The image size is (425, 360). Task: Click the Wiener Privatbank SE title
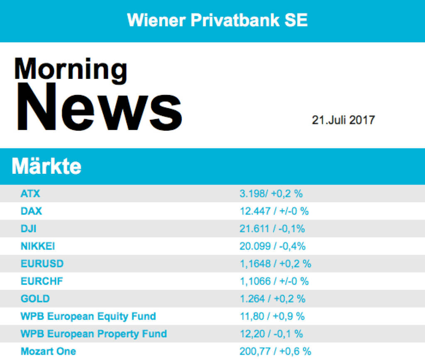click(x=217, y=20)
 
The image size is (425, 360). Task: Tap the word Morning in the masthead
click(x=71, y=70)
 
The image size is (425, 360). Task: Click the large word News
click(x=98, y=107)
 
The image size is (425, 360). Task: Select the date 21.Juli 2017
click(x=343, y=120)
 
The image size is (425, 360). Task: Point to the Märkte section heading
click(x=46, y=167)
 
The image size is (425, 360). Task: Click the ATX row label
click(x=30, y=193)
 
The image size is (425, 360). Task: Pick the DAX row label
click(x=32, y=211)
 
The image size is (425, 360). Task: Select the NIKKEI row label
click(x=38, y=246)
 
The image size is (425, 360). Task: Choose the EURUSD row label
click(x=42, y=263)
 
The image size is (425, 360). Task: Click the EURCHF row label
click(x=42, y=281)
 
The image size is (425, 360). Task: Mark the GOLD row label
click(x=35, y=299)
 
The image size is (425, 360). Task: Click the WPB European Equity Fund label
click(x=88, y=316)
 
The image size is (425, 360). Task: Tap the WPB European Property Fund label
click(x=94, y=334)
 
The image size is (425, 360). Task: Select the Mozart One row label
click(x=48, y=351)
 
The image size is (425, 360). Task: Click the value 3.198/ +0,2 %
click(x=271, y=193)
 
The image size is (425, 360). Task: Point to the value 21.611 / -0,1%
click(x=272, y=229)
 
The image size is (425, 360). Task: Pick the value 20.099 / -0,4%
click(x=272, y=246)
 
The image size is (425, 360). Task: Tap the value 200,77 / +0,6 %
click(x=275, y=351)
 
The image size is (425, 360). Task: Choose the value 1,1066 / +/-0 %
click(x=274, y=281)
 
